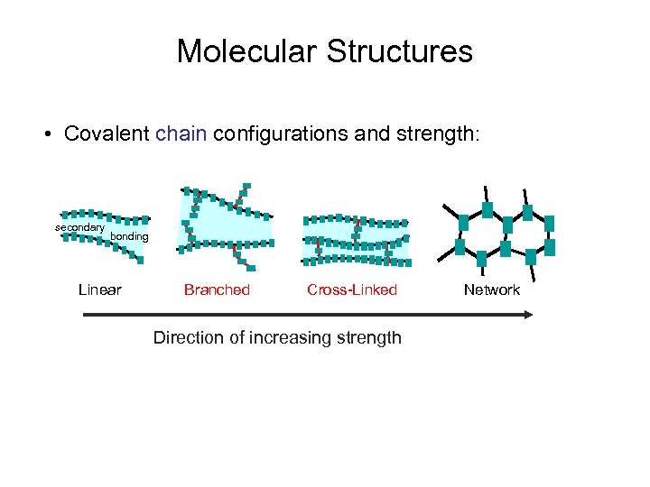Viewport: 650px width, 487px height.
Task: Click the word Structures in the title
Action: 400,51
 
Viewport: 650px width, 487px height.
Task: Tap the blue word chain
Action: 181,134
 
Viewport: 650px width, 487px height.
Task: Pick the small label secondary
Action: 79,227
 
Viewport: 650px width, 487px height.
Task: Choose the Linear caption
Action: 100,289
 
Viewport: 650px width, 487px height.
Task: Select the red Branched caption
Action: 217,289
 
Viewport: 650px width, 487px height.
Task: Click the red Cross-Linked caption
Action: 352,289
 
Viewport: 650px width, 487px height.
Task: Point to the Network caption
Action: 492,289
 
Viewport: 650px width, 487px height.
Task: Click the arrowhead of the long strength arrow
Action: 528,314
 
